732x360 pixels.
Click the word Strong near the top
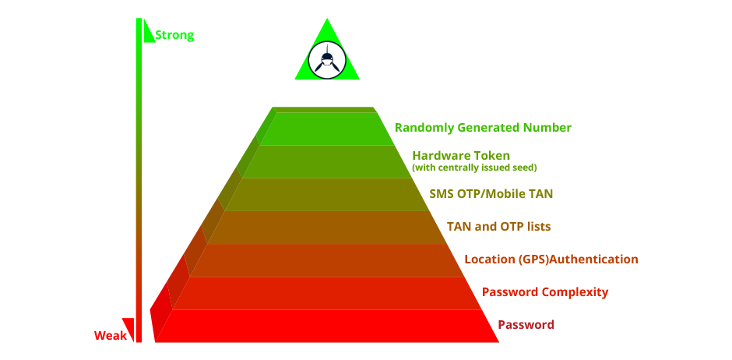174,35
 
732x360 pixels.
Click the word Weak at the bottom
111,336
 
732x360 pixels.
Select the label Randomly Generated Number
483,128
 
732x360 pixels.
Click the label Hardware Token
461,156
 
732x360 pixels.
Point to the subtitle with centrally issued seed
474,168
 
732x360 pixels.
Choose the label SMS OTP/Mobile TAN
491,193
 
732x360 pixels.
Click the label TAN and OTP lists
498,227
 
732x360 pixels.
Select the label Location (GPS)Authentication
551,259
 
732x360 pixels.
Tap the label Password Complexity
545,292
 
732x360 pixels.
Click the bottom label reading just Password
526,325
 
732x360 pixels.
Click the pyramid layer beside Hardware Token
327,162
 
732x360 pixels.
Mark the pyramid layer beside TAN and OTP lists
327,228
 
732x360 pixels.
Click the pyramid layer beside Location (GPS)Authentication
327,260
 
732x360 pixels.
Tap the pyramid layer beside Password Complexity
327,293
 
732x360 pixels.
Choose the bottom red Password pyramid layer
327,326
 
